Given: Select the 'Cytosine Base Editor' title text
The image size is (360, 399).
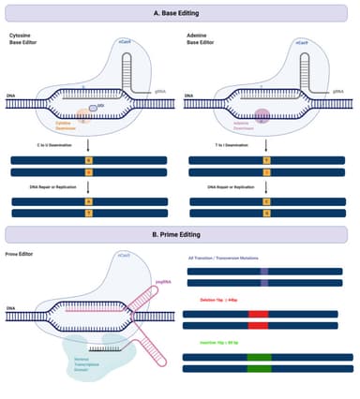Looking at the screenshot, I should [26, 39].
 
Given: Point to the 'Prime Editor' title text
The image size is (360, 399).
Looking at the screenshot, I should [19, 254].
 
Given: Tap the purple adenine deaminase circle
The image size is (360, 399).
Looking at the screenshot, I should [261, 116].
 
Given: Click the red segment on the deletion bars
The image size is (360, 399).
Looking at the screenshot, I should [258, 320].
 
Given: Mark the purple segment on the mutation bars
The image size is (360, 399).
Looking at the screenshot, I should [263, 276].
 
